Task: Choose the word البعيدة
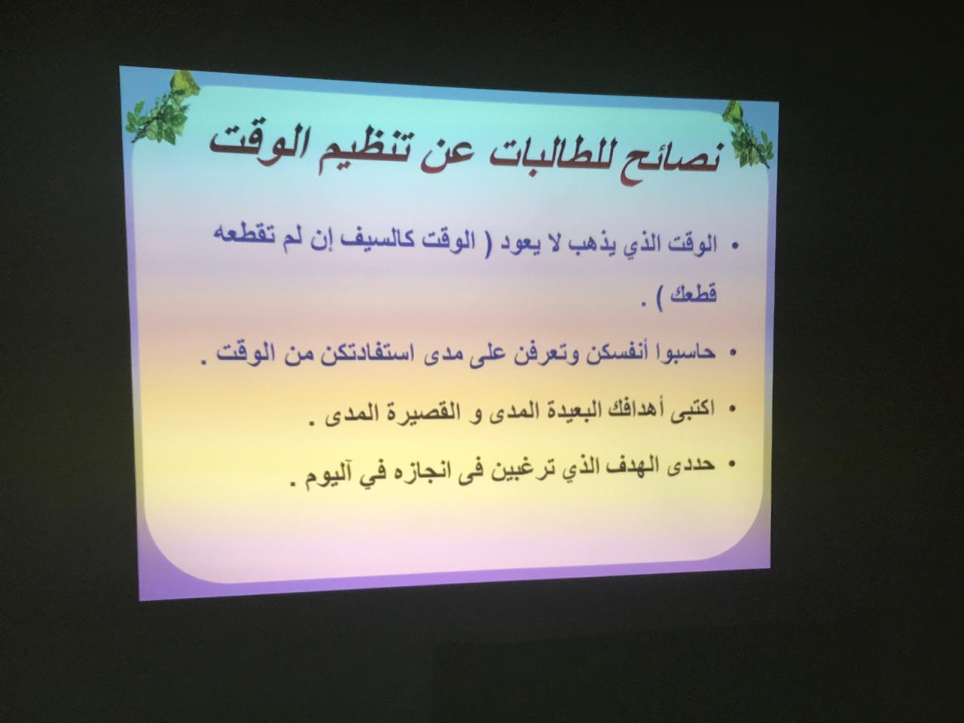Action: (576, 411)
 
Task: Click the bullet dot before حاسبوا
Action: (732, 352)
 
